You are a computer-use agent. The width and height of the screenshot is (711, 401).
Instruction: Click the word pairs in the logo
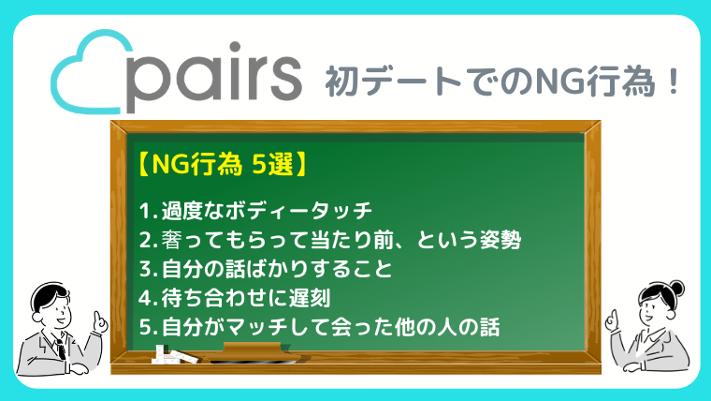click(x=212, y=77)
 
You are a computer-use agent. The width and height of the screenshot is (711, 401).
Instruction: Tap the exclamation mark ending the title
click(x=674, y=82)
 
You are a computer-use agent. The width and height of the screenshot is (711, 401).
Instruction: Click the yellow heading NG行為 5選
click(x=223, y=164)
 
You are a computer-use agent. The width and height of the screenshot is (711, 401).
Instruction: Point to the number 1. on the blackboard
click(x=148, y=211)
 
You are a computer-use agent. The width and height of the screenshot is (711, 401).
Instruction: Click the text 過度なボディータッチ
click(x=267, y=211)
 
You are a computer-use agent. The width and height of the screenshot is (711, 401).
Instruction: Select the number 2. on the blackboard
click(x=148, y=240)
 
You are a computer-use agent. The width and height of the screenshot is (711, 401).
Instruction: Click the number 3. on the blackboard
click(x=148, y=269)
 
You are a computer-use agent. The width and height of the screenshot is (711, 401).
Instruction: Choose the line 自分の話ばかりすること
click(x=277, y=269)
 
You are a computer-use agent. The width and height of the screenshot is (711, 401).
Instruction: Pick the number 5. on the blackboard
click(x=148, y=327)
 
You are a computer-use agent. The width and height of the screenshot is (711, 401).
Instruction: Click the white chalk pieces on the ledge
click(x=175, y=355)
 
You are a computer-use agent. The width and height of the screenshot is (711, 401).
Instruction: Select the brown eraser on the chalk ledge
click(x=252, y=350)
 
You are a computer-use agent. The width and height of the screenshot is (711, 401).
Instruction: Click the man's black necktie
click(x=60, y=349)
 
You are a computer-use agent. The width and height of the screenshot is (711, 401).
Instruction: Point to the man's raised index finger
click(x=96, y=317)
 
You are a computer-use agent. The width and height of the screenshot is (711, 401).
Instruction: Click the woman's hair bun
click(x=677, y=288)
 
